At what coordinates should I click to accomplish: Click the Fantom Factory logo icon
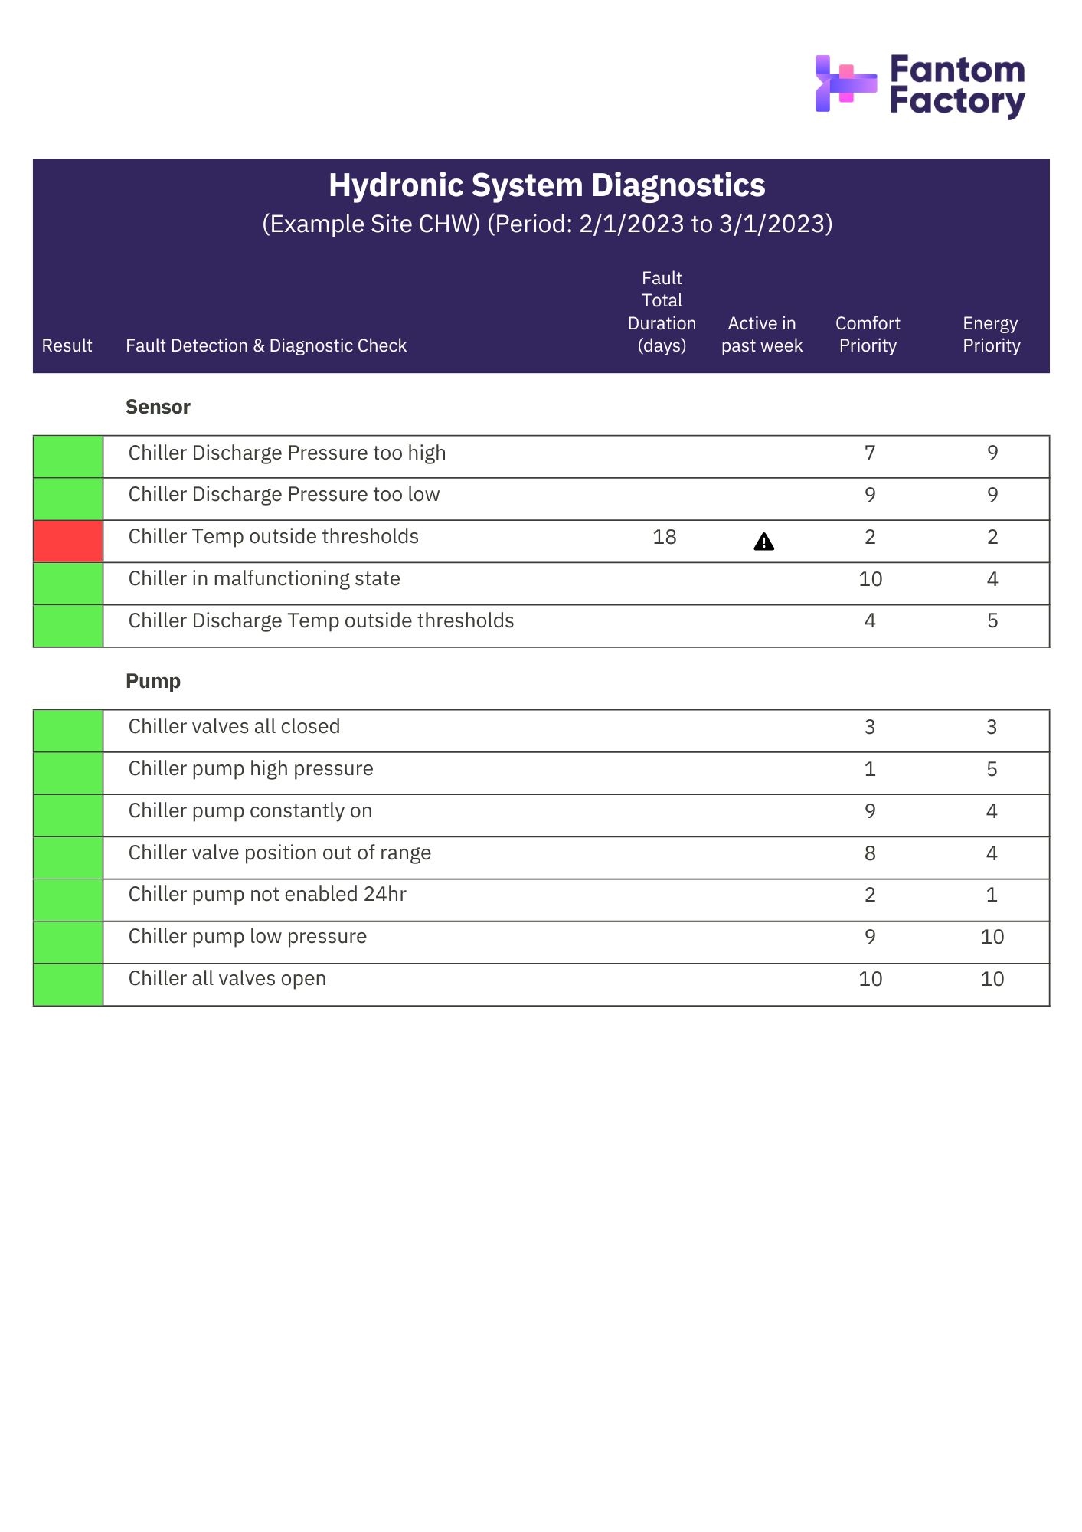point(845,83)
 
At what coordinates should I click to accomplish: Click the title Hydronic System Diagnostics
point(547,185)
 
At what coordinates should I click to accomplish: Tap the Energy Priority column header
point(991,335)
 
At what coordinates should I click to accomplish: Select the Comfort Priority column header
point(868,335)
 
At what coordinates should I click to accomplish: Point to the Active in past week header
point(761,335)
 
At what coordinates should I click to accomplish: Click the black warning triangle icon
point(763,542)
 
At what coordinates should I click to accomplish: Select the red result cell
point(68,542)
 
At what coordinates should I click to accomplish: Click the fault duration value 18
point(664,538)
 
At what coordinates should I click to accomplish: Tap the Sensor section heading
point(158,407)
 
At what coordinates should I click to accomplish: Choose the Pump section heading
point(153,681)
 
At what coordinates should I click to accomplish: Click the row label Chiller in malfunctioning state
point(264,579)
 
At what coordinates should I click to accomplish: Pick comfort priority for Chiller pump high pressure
point(870,769)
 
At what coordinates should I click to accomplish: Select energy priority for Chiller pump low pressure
point(992,937)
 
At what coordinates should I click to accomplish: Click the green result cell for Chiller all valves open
point(68,985)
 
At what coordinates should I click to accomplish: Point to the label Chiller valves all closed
point(234,727)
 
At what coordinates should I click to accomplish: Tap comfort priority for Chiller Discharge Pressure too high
point(870,453)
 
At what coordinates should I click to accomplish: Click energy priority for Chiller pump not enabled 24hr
point(992,895)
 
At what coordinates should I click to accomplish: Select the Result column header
point(67,346)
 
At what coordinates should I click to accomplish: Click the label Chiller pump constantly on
point(250,811)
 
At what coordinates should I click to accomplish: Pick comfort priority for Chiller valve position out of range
point(870,853)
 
